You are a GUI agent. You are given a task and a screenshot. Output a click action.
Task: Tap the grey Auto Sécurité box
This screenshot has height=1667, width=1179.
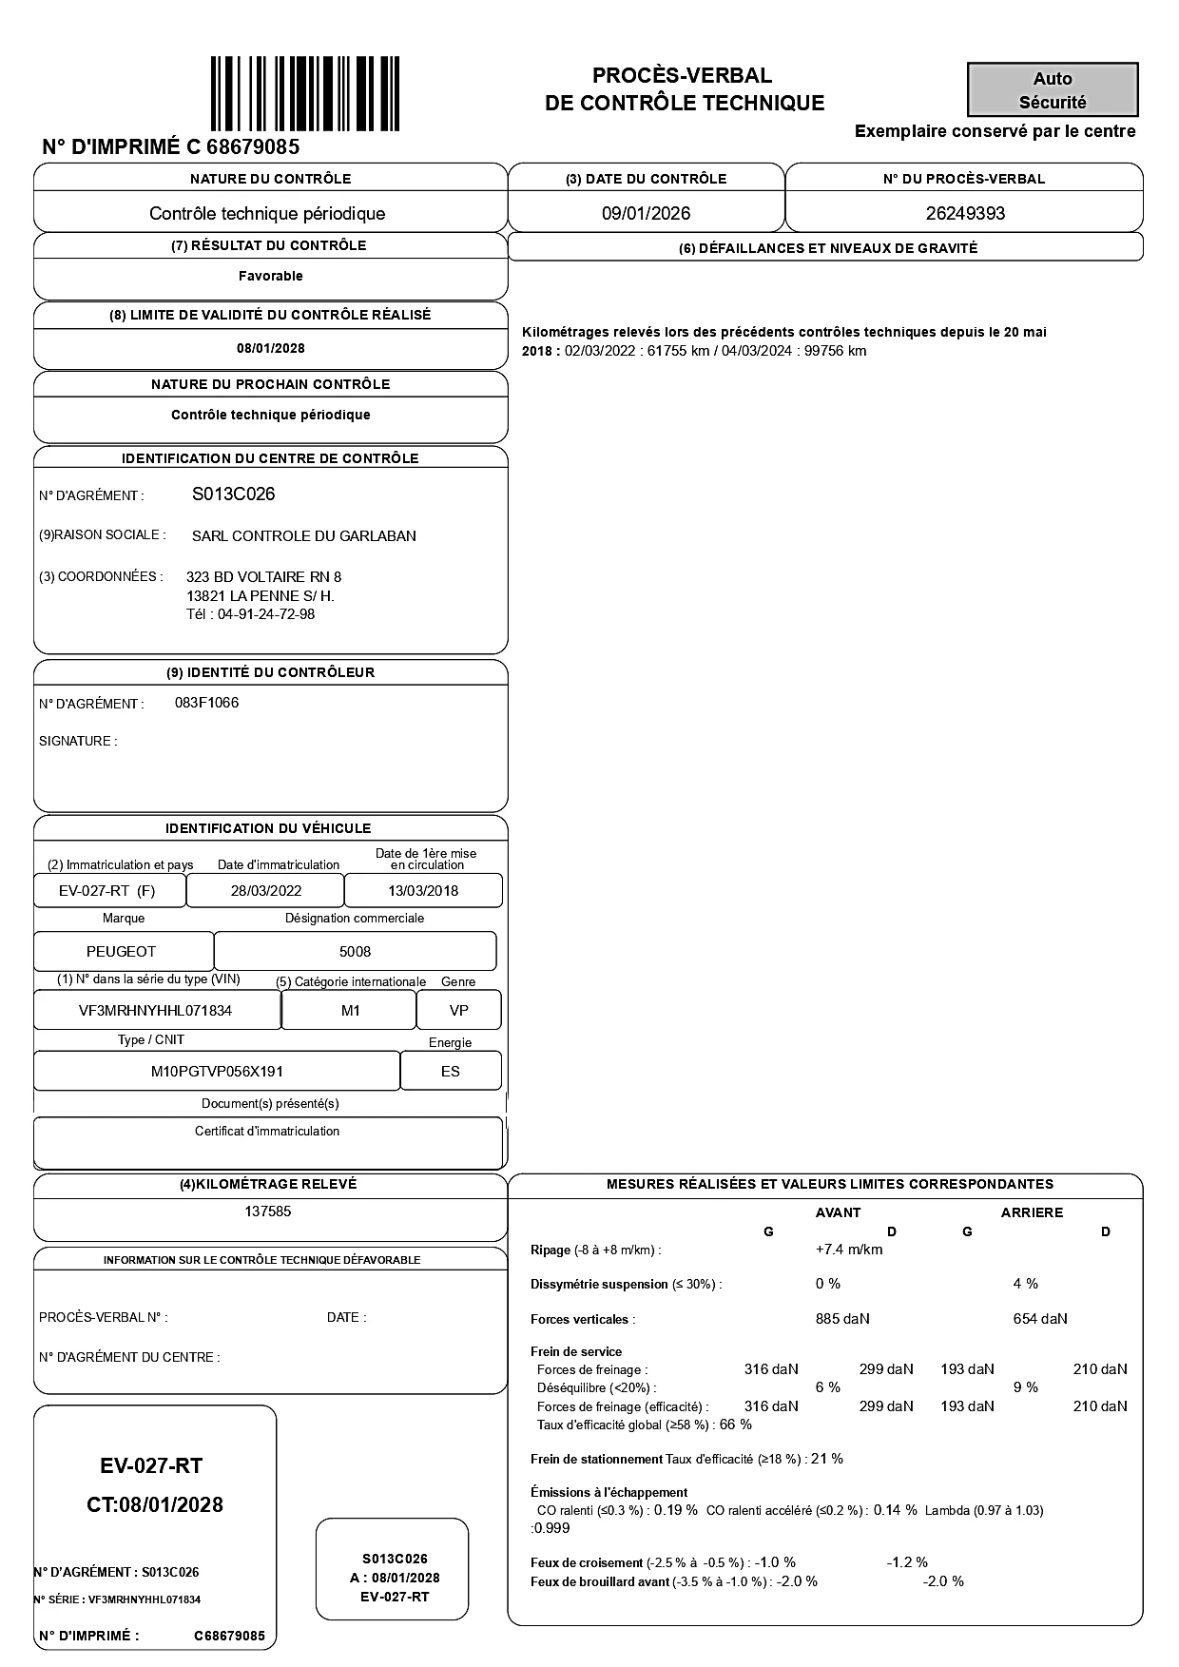pyautogui.click(x=1053, y=90)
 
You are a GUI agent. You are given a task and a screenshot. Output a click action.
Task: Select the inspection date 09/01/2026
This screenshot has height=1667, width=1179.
pyautogui.click(x=646, y=213)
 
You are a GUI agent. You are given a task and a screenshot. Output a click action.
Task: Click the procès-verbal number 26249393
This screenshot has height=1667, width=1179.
pyautogui.click(x=965, y=213)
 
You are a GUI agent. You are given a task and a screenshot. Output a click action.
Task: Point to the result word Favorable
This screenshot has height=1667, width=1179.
pyautogui.click(x=270, y=276)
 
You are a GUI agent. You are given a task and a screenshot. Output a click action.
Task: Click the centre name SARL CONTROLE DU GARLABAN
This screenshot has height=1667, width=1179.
pyautogui.click(x=304, y=536)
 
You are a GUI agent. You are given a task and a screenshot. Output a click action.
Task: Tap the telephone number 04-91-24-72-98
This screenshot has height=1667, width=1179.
pyautogui.click(x=266, y=614)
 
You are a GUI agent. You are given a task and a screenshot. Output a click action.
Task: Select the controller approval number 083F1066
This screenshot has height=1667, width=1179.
pyautogui.click(x=207, y=703)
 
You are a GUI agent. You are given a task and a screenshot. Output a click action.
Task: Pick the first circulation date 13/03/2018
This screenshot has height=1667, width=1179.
pyautogui.click(x=423, y=891)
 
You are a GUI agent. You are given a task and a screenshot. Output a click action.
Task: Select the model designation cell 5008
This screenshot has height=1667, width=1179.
pyautogui.click(x=355, y=952)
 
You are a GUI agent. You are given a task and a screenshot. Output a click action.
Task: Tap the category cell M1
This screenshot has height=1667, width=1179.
pyautogui.click(x=350, y=1011)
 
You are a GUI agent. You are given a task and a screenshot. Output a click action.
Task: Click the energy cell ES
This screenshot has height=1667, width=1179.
pyautogui.click(x=451, y=1072)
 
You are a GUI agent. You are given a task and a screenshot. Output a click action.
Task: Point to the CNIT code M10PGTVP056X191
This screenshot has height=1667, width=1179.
pyautogui.click(x=217, y=1072)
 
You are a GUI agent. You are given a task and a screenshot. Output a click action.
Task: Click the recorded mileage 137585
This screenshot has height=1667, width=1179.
pyautogui.click(x=268, y=1211)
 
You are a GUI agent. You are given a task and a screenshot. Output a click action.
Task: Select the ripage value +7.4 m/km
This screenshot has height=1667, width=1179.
pyautogui.click(x=848, y=1250)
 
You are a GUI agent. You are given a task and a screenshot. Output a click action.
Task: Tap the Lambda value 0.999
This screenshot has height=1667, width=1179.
pyautogui.click(x=552, y=1528)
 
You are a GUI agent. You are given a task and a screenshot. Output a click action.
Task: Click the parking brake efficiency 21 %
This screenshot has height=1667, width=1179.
pyautogui.click(x=826, y=1459)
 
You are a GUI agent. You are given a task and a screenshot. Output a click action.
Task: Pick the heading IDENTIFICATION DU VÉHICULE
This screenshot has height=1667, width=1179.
pyautogui.click(x=268, y=828)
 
